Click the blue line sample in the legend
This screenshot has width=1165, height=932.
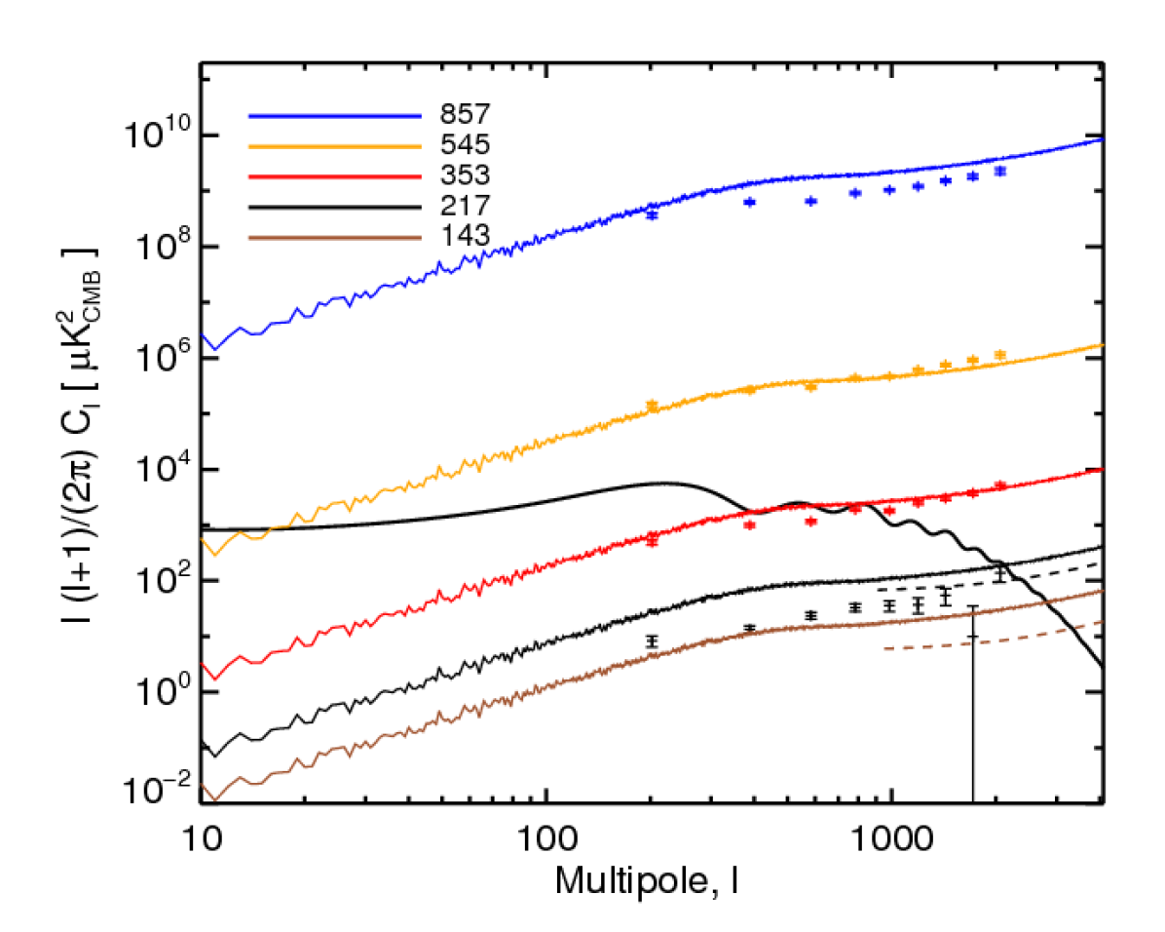[x=334, y=116]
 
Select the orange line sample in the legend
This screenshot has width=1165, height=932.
[x=334, y=146]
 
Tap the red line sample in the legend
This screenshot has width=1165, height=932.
[x=334, y=177]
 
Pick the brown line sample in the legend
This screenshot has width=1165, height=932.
[x=334, y=237]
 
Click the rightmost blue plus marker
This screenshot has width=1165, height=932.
[x=1000, y=172]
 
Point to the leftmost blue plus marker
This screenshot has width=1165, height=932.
[x=653, y=214]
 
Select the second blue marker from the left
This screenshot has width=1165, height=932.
[x=750, y=202]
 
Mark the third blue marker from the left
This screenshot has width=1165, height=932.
[x=810, y=201]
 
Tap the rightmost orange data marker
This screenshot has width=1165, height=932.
[x=1000, y=356]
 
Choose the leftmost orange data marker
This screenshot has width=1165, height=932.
[x=653, y=405]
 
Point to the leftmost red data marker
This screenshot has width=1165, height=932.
[x=653, y=541]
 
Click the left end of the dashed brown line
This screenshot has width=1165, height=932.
[x=884, y=648]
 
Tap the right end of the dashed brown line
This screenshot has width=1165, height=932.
[x=1102, y=621]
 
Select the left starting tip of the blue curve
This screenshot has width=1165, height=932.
[x=203, y=334]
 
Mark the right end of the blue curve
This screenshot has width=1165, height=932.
[x=1102, y=139]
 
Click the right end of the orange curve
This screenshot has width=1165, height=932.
[x=1102, y=344]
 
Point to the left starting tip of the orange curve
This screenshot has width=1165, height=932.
[x=203, y=538]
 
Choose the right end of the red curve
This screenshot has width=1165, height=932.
[x=1102, y=468]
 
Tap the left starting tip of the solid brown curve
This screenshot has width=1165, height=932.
[x=203, y=784]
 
